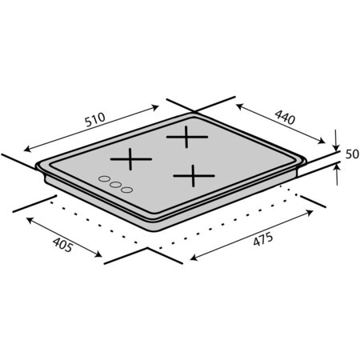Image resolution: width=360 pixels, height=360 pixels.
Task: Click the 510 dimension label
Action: tap(95, 120)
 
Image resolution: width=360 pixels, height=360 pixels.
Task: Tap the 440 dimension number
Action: tap(285, 117)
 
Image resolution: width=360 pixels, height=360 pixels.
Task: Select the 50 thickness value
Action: tap(352, 154)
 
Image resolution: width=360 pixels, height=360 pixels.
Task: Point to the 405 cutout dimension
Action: tap(62, 245)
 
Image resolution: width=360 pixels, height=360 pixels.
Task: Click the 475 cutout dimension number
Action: tap(263, 239)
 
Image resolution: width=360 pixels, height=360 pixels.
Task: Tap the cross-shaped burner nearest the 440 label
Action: tap(187, 137)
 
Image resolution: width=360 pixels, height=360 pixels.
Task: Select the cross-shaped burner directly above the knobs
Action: tap(130, 159)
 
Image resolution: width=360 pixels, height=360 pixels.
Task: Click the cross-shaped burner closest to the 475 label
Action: tap(194, 176)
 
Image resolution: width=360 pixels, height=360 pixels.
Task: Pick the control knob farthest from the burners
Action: tap(104, 178)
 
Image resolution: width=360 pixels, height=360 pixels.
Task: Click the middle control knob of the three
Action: tap(115, 184)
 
